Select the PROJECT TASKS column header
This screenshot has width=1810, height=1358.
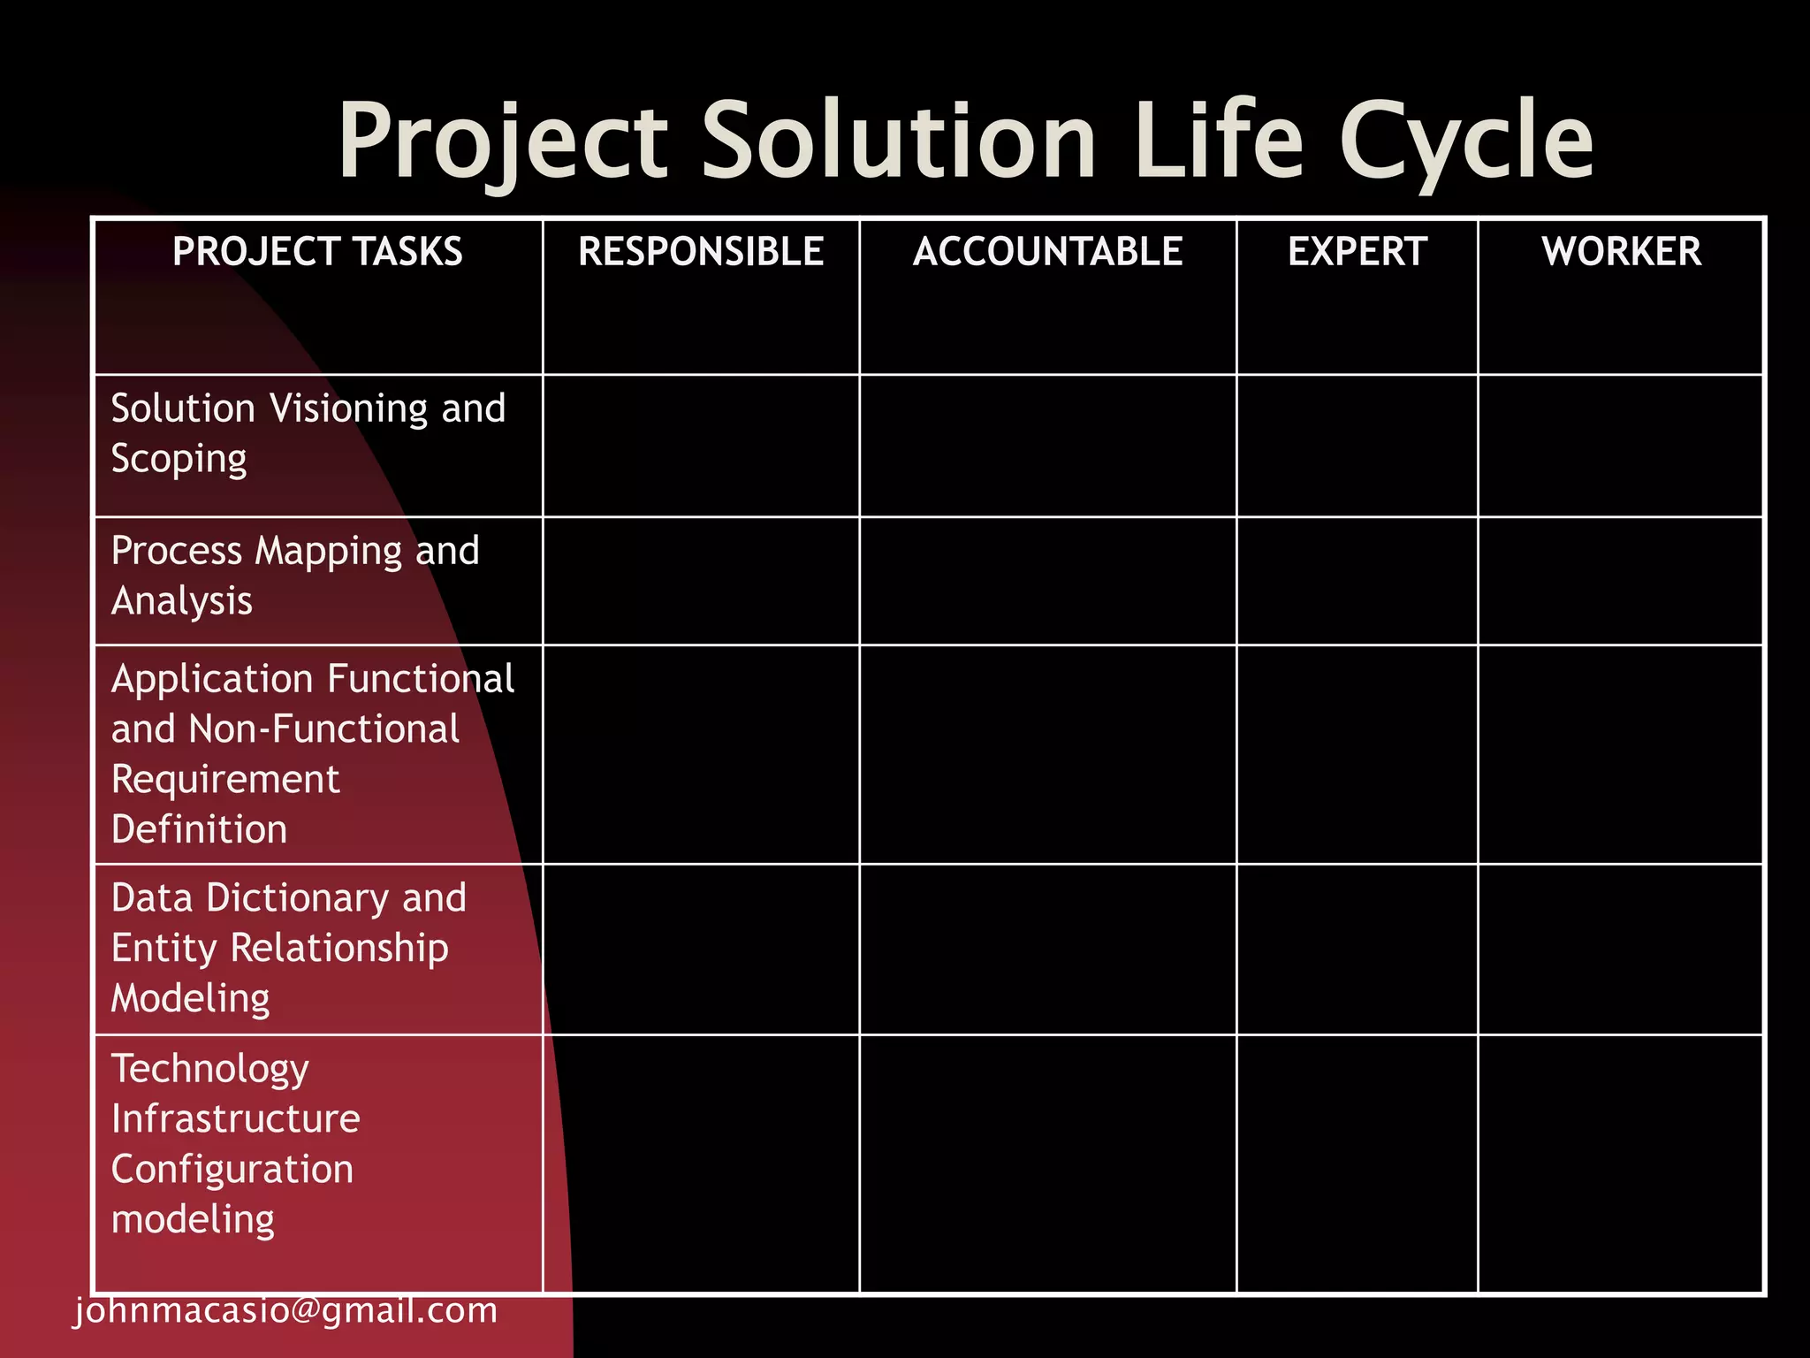tap(317, 252)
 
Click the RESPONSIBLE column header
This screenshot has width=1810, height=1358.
tap(701, 252)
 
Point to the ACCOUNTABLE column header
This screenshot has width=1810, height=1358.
tap(1047, 252)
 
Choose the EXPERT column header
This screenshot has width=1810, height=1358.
tap(1357, 252)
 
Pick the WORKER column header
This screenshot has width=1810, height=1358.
tap(1622, 252)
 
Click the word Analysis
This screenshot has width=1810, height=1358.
tap(182, 601)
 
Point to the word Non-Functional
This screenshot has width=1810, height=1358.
tap(323, 729)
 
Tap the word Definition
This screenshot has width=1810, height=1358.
tap(200, 830)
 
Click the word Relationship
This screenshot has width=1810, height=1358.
tap(339, 949)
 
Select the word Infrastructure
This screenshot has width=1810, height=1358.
tap(236, 1119)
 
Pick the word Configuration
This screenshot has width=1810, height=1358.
tap(232, 1170)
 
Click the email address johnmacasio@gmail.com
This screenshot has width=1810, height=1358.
tap(286, 1310)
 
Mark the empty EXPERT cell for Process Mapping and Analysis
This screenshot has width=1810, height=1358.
tap(1357, 581)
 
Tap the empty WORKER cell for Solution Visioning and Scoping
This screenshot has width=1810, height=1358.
tap(1621, 446)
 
